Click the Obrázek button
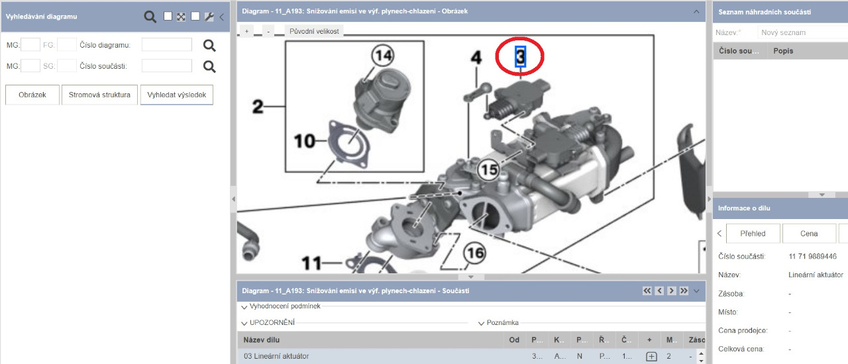32,95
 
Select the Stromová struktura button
99,95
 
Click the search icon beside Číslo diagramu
209,46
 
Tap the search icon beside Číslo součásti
209,67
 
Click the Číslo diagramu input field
166,44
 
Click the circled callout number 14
383,56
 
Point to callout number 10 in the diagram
304,141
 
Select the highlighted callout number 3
520,56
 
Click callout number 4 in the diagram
476,58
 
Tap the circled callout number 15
488,170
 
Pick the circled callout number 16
475,253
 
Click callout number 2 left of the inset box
258,107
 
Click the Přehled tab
753,234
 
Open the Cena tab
809,234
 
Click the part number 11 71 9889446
812,257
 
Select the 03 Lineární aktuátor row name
276,356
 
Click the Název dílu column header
261,340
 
